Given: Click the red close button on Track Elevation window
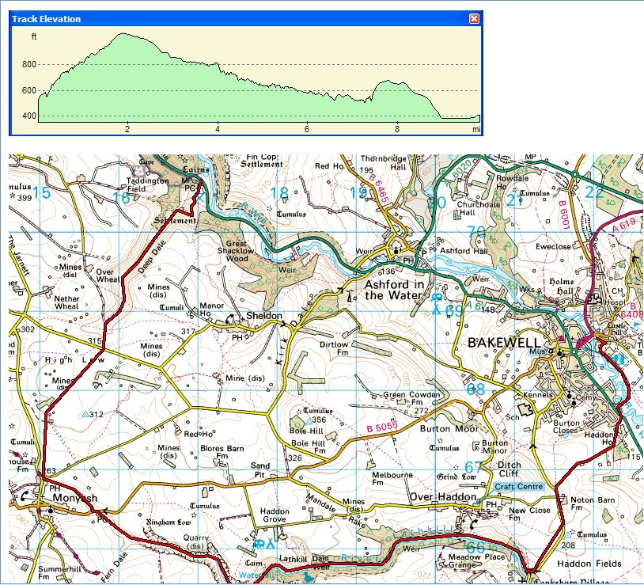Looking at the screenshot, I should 474,18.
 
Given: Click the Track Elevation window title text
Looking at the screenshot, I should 46,18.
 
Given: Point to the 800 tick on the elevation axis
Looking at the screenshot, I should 28,65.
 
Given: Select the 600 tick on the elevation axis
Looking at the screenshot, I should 28,91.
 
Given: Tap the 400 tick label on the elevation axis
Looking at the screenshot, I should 28,117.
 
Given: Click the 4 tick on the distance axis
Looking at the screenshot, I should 218,128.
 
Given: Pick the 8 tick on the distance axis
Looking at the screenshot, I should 397,128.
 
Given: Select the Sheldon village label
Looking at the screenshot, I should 263,316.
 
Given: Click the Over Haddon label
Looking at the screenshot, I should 442,497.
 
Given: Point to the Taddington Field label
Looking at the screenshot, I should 148,184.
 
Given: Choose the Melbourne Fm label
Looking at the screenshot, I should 392,480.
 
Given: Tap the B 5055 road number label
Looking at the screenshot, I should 381,428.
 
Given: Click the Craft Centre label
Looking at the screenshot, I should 518,485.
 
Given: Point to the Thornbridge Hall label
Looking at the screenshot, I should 385,162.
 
